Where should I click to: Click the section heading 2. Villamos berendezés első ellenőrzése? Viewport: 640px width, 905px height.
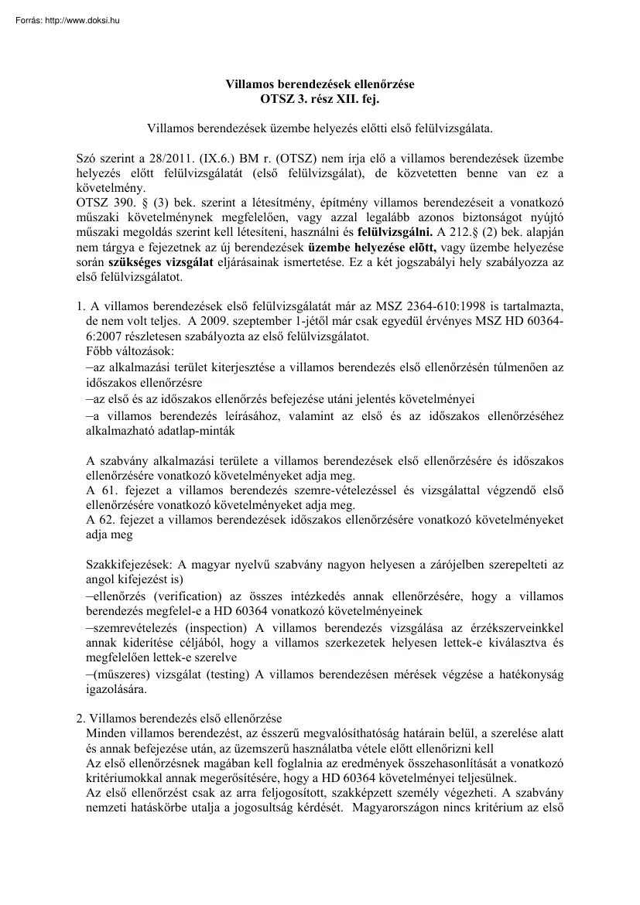pyautogui.click(x=178, y=717)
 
